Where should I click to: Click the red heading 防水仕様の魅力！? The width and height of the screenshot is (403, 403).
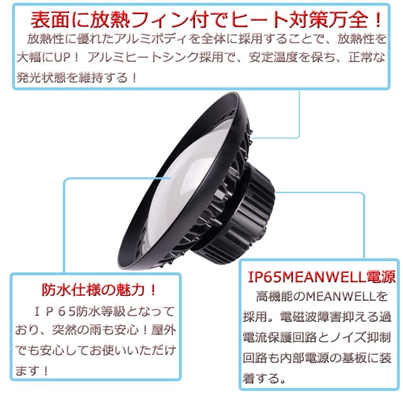[x=99, y=290]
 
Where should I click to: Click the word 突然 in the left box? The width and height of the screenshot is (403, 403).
[x=64, y=330]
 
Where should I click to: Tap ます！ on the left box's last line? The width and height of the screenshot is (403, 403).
[x=32, y=370]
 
